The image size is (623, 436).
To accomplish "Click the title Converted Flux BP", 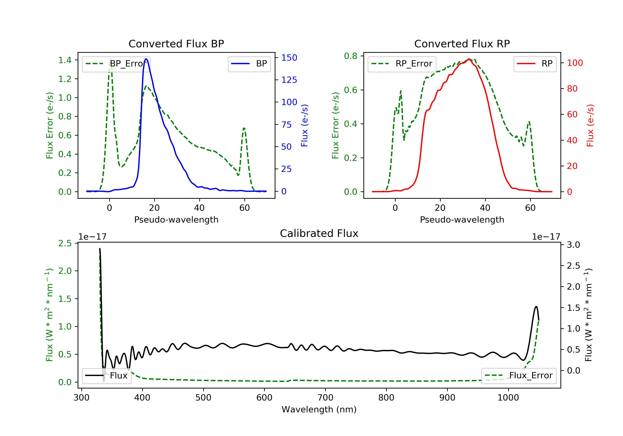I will click(x=176, y=44).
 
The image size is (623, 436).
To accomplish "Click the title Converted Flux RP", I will click(x=462, y=44).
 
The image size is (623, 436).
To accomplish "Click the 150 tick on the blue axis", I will click(x=289, y=58).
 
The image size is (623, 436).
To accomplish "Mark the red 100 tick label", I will click(x=575, y=63).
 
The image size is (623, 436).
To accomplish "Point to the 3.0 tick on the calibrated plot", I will click(x=573, y=245).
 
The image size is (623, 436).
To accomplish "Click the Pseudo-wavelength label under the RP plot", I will click(x=462, y=219).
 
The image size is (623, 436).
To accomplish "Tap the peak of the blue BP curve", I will click(x=146, y=59).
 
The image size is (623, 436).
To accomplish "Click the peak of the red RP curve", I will click(x=469, y=59).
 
